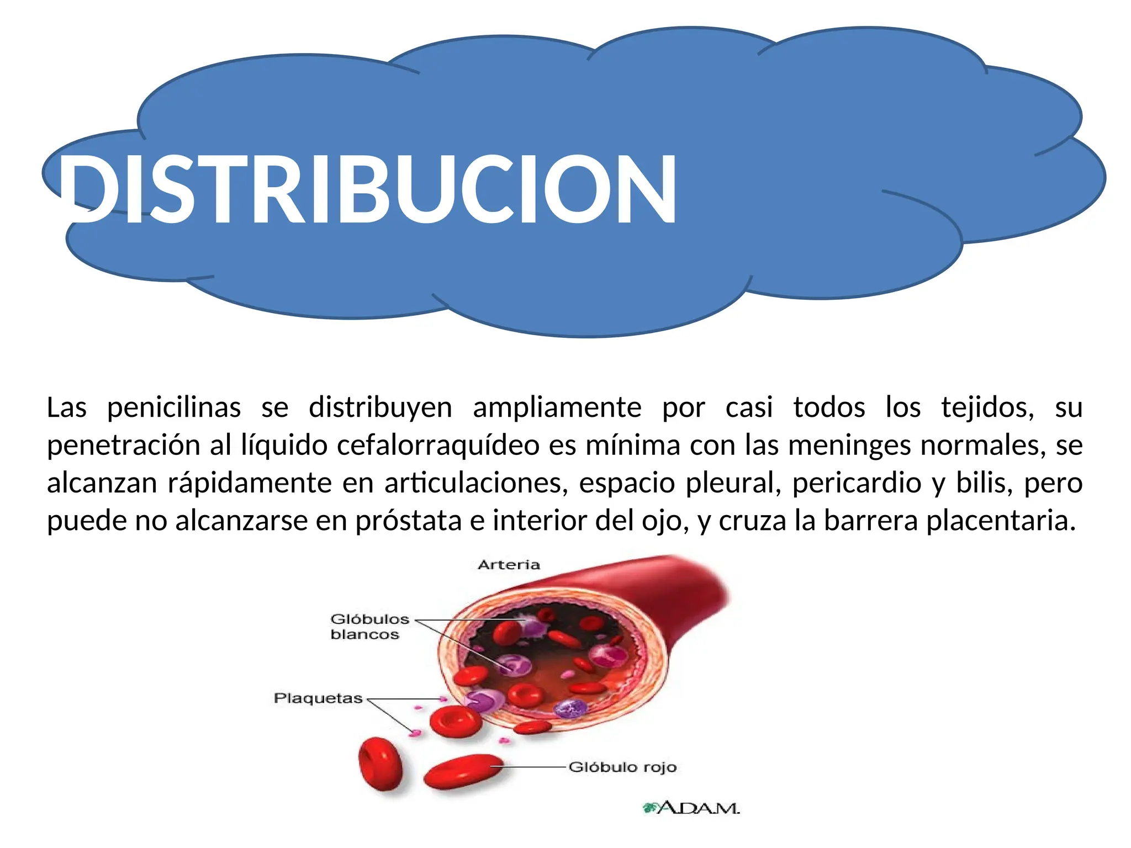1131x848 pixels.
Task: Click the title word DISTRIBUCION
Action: tap(367, 189)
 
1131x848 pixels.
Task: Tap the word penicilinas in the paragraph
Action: tap(174, 408)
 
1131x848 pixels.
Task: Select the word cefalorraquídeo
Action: tap(438, 446)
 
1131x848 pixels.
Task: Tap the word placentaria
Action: tap(1001, 521)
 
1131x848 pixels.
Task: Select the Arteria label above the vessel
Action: tap(509, 565)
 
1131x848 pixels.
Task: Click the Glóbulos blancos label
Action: tap(369, 627)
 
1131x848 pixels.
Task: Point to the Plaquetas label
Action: tap(318, 698)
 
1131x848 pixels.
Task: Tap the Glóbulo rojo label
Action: tap(622, 767)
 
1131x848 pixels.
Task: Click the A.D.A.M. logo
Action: tap(691, 808)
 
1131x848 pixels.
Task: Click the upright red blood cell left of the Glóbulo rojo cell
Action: tap(380, 765)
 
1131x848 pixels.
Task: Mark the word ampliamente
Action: tap(557, 408)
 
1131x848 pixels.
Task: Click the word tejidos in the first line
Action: tap(987, 408)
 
